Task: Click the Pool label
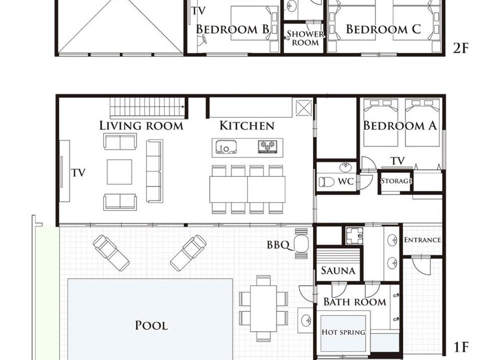(x=151, y=325)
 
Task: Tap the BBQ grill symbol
(x=301, y=243)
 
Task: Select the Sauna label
(x=338, y=270)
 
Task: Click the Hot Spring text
(x=343, y=332)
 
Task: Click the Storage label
(x=396, y=181)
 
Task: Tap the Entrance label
(x=422, y=240)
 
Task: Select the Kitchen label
(x=246, y=125)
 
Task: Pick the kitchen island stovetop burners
(x=267, y=146)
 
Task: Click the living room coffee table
(x=119, y=172)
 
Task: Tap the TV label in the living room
(x=78, y=173)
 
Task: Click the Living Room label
(x=141, y=125)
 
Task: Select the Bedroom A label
(x=400, y=125)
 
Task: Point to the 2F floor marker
(x=460, y=48)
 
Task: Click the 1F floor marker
(x=460, y=347)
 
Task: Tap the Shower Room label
(x=305, y=38)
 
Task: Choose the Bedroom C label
(x=383, y=29)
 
